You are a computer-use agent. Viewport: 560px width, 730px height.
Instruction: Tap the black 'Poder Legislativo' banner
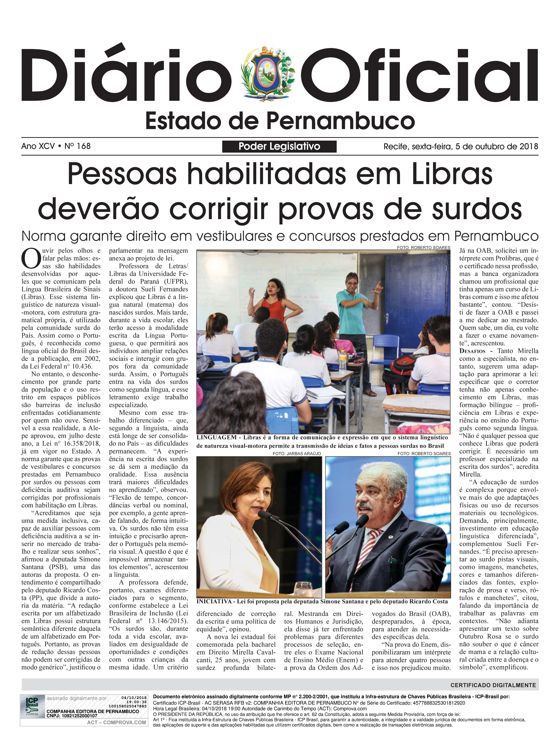pyautogui.click(x=279, y=147)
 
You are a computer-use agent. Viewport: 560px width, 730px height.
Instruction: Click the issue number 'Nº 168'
pyautogui.click(x=78, y=146)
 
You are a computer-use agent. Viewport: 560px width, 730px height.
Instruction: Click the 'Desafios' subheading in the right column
pyautogui.click(x=472, y=351)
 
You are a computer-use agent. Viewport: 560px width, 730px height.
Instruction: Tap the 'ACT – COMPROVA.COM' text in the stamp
pyautogui.click(x=116, y=722)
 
